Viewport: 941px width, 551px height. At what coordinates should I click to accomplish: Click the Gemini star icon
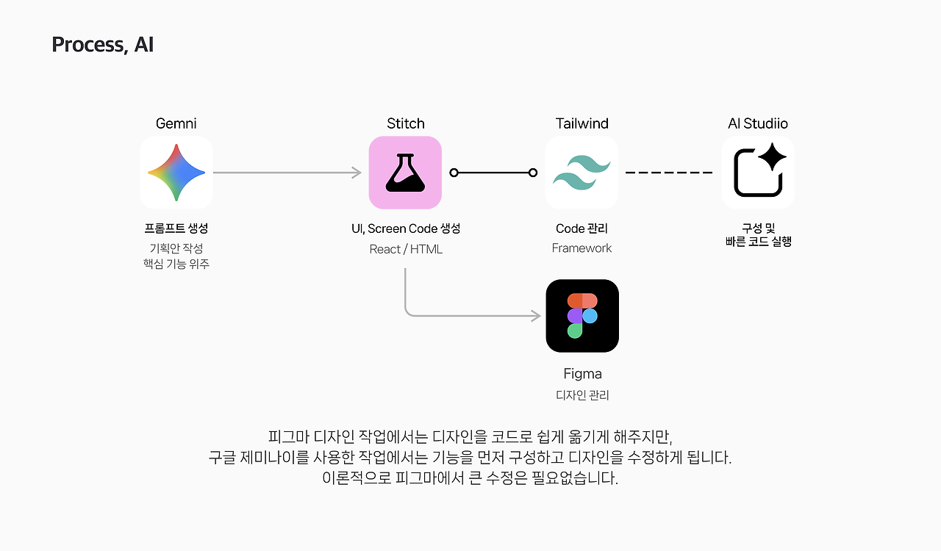176,173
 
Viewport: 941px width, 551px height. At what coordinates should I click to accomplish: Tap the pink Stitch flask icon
405,173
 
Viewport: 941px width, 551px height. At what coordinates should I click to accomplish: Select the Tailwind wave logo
582,173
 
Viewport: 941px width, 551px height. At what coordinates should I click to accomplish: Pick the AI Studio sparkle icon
758,173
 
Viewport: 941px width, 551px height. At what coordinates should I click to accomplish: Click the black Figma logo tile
582,316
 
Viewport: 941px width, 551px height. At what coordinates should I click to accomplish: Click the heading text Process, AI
102,45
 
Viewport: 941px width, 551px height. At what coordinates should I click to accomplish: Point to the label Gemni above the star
176,123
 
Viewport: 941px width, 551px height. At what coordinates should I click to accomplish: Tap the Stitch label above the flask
406,123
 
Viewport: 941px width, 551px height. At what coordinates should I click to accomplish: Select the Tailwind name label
582,123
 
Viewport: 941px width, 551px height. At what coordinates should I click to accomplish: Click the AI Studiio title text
758,123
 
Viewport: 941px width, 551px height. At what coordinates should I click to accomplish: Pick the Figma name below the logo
582,374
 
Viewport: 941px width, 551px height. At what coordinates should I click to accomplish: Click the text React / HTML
406,249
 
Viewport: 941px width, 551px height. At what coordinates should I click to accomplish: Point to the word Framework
582,248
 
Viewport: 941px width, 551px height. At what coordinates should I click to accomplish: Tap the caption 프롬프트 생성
176,228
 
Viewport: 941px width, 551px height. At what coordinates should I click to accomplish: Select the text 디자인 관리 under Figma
582,395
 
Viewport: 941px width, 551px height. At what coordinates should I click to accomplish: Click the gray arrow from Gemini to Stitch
287,173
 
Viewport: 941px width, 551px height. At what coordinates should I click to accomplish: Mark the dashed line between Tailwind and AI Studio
669,173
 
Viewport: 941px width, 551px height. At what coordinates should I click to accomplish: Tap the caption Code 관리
582,228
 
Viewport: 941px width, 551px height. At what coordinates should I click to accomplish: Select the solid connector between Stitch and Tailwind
493,173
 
